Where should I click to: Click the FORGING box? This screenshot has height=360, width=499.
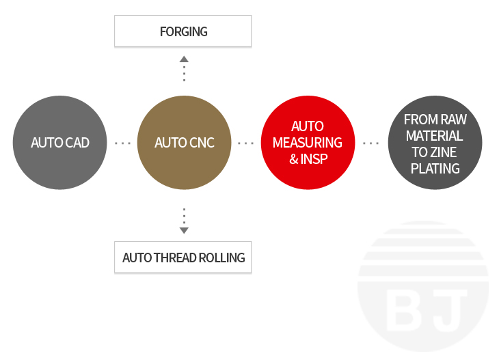[x=183, y=31]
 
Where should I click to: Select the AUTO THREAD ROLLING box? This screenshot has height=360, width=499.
[x=183, y=258]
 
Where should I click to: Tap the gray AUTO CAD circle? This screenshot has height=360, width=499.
[x=60, y=143]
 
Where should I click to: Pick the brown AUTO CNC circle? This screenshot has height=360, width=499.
[x=185, y=143]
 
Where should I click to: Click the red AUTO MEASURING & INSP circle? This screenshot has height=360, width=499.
[x=308, y=143]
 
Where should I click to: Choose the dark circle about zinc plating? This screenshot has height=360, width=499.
[x=435, y=143]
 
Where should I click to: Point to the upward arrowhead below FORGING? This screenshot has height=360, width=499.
[x=184, y=59]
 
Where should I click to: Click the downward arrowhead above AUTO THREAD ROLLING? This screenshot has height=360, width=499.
[x=184, y=230]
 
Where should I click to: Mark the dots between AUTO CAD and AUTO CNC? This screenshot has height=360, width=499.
[x=122, y=143]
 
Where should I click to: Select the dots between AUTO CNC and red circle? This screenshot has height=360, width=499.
[x=245, y=143]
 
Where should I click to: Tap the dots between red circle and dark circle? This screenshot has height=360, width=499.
[x=371, y=143]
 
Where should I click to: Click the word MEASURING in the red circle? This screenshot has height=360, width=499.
[x=308, y=143]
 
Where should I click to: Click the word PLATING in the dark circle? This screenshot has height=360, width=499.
[x=435, y=168]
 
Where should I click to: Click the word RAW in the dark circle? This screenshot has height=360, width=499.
[x=453, y=119]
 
